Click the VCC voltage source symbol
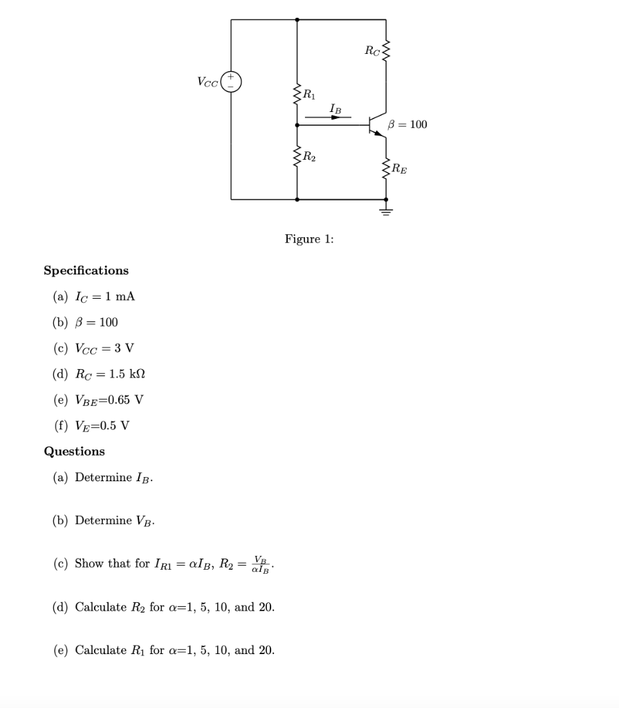231,81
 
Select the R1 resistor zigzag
297,94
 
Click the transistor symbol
376,126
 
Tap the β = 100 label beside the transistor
408,124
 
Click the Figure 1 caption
309,239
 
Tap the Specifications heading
86,270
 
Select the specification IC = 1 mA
104,297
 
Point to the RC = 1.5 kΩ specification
110,374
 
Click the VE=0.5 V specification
102,425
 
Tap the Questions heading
75,451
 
